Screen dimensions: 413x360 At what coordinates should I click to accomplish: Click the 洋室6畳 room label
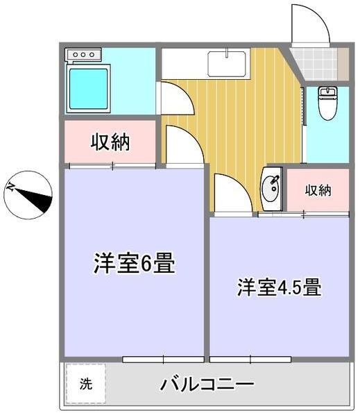coord(134,264)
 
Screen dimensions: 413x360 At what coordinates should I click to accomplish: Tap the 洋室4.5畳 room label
coord(279,287)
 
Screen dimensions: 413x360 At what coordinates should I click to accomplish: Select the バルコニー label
coord(207,383)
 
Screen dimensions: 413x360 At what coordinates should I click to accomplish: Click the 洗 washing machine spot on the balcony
coord(85,383)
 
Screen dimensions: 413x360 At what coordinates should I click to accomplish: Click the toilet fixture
coord(327,102)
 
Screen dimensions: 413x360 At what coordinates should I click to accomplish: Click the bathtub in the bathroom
coord(88,89)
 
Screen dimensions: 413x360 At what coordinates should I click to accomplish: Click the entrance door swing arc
coord(309,24)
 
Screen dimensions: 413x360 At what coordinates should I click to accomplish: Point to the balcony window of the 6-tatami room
coord(163,359)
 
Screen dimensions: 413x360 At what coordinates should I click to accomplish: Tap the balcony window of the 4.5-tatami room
coord(250,359)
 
